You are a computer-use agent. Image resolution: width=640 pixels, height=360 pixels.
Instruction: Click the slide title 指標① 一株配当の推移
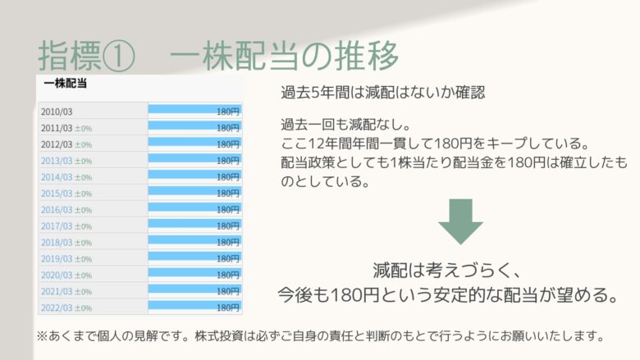coord(218,56)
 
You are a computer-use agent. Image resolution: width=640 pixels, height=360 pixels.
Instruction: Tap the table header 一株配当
coord(66,84)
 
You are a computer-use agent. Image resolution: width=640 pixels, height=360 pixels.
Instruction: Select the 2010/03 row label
coord(57,112)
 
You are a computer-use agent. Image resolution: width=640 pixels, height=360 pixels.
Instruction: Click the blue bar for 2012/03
coord(194,142)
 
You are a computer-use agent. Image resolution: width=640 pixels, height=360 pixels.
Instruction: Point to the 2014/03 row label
coord(57,177)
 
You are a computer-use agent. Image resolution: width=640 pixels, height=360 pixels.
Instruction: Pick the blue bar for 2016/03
coord(194,207)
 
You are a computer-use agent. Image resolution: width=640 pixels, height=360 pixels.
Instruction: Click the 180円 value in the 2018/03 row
coord(228,243)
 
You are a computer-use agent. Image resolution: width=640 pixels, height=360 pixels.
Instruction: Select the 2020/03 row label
coord(57,276)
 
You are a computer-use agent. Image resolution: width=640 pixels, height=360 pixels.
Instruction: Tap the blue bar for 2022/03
coord(194,305)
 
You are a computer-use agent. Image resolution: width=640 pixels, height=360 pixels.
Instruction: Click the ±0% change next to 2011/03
coord(83,129)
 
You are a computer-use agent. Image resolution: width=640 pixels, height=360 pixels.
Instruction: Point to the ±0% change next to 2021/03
coord(83,292)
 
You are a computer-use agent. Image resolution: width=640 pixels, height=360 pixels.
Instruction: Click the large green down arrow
coord(461,221)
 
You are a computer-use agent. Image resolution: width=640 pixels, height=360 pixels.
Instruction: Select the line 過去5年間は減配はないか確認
coord(383,93)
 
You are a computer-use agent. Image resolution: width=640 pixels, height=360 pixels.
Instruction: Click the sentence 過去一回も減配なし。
coord(345,124)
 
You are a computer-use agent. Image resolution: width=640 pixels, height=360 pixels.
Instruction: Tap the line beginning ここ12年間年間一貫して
coord(436,144)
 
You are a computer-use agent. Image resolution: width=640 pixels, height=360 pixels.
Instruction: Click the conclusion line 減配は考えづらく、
coord(447,271)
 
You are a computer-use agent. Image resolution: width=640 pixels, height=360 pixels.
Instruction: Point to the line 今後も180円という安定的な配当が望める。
coord(448,294)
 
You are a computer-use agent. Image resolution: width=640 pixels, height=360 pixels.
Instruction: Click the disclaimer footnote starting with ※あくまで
coord(321,336)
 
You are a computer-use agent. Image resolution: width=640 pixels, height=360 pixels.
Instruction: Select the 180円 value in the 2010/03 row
coord(228,112)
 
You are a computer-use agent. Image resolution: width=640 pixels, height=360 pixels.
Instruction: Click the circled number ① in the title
coord(118,56)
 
